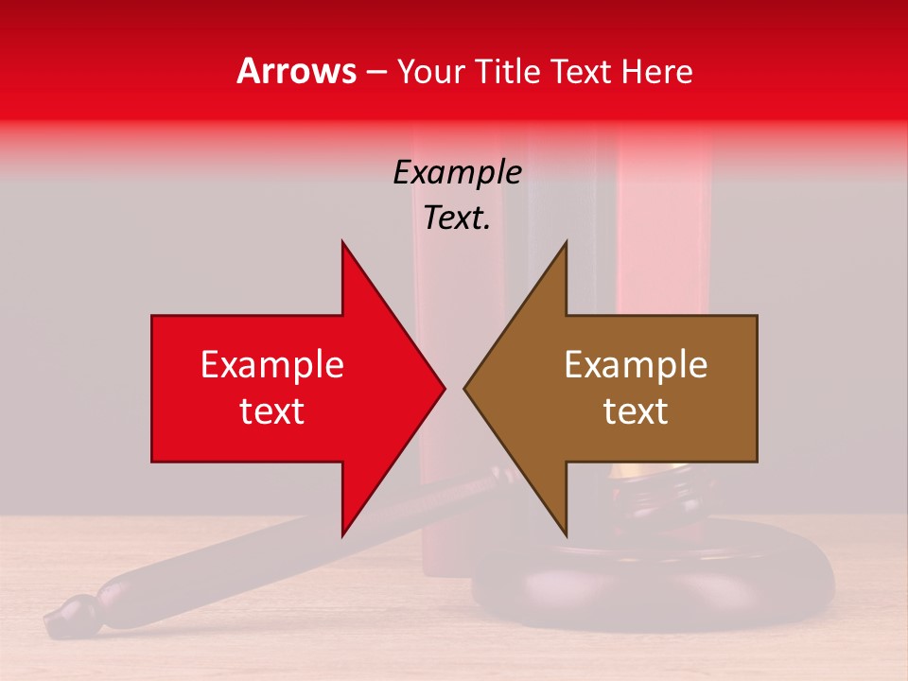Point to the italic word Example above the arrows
[457, 173]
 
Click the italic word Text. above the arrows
[457, 218]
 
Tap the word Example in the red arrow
[272, 365]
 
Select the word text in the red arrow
[272, 411]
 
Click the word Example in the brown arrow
[636, 365]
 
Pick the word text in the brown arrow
[636, 411]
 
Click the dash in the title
[376, 73]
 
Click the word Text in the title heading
[581, 71]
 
